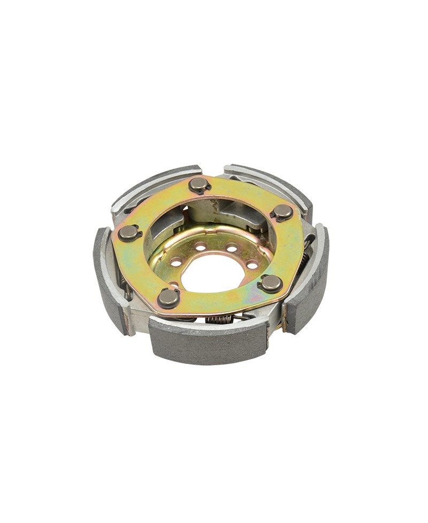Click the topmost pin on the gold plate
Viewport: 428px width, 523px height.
[199, 184]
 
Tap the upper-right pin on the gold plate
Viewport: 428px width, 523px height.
[282, 212]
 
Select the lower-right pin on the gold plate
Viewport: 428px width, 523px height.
[271, 283]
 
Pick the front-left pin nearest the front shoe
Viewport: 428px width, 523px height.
[169, 297]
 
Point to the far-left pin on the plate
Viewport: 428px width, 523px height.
[129, 233]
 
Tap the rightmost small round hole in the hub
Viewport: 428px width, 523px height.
[251, 265]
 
